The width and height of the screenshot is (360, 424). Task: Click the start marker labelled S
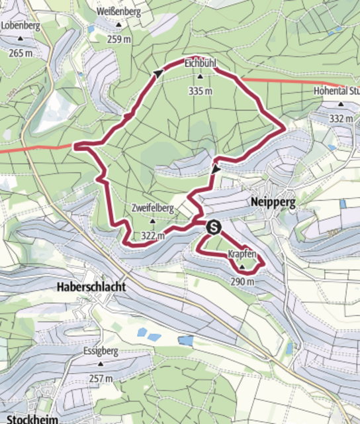214,227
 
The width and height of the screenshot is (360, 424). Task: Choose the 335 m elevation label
201,91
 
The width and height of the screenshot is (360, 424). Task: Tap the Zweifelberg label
152,208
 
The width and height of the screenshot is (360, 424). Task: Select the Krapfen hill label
242,254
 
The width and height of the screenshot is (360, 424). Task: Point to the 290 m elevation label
242,281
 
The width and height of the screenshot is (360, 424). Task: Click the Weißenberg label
119,12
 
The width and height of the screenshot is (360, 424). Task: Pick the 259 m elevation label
119,38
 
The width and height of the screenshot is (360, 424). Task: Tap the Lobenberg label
21,26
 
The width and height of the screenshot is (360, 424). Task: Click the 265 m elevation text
21,53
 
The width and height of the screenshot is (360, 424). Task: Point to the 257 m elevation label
101,378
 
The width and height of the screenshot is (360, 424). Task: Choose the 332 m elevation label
341,118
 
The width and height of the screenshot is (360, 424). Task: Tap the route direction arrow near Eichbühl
159,74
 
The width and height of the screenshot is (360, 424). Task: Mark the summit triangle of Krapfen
242,268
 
